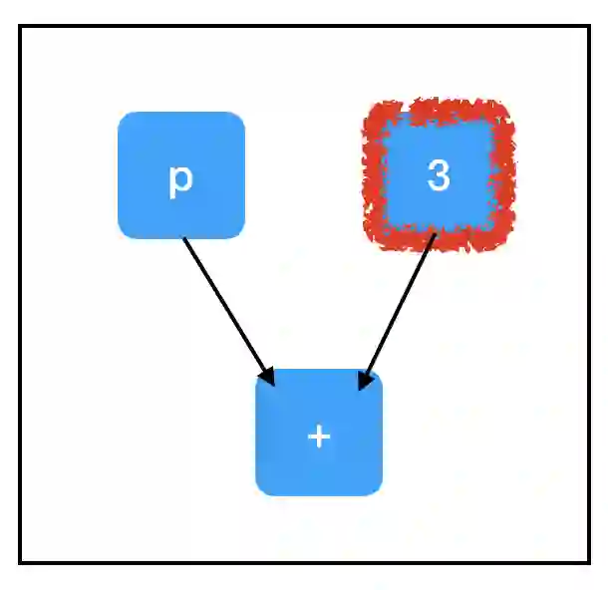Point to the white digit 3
click(x=439, y=175)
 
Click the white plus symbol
click(x=319, y=437)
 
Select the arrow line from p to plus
click(x=224, y=304)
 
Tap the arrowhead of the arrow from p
click(x=266, y=375)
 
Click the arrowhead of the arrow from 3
click(x=366, y=378)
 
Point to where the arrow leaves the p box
click(x=184, y=238)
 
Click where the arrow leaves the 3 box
click(x=436, y=235)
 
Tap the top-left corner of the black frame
click(x=20, y=27)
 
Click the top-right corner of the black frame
click(x=589, y=27)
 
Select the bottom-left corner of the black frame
click(x=20, y=562)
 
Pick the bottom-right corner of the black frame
click(x=589, y=562)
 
